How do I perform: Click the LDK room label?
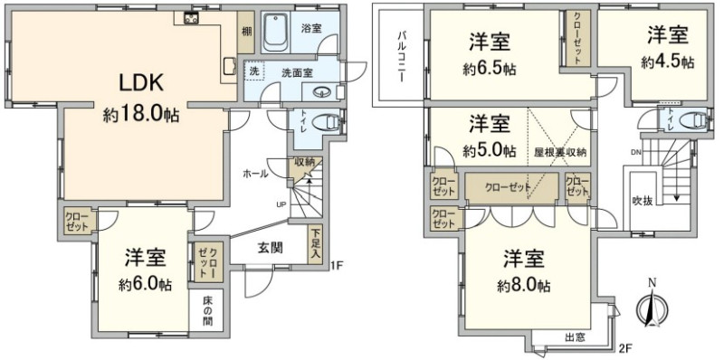click(141, 83)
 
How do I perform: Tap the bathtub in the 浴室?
click(276, 33)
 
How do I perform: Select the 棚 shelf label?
click(246, 32)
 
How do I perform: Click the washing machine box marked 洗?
click(254, 71)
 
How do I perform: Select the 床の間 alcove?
click(206, 309)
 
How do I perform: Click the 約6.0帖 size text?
click(144, 285)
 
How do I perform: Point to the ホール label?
click(256, 174)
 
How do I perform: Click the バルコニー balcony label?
click(401, 55)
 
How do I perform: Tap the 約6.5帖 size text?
click(490, 70)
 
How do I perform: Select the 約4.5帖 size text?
click(668, 62)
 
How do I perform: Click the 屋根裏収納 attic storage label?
click(560, 151)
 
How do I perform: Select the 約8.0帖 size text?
click(523, 286)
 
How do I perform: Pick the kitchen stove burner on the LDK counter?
click(190, 18)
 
